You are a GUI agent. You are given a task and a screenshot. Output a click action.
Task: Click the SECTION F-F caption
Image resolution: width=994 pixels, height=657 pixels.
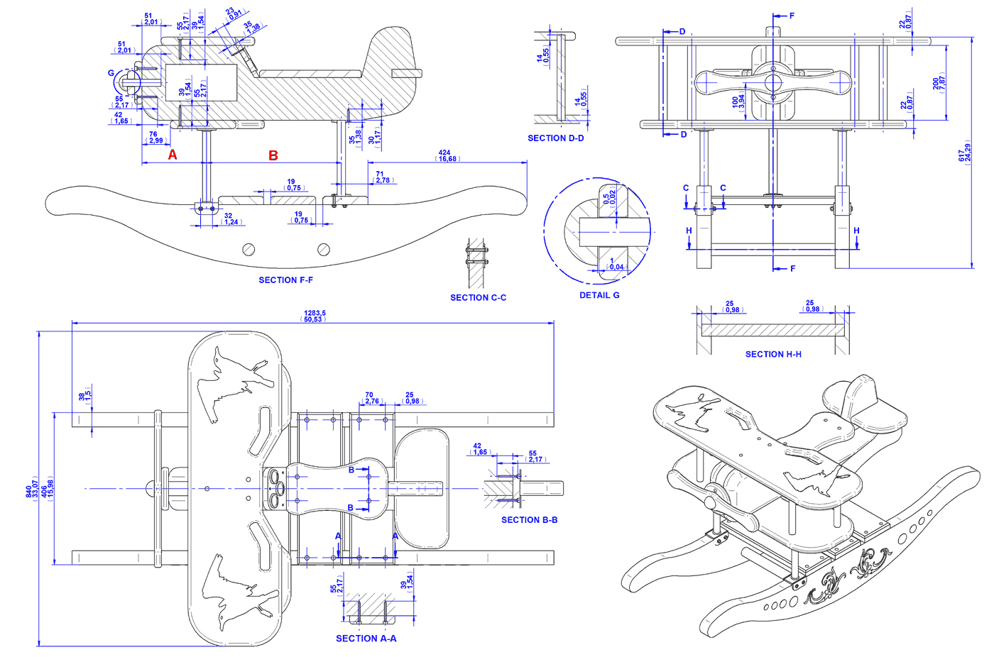(285, 280)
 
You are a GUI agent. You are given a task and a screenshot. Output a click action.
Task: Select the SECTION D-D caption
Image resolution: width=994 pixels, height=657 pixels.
(555, 138)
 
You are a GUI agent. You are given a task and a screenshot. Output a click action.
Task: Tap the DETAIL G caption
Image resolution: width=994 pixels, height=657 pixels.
(599, 295)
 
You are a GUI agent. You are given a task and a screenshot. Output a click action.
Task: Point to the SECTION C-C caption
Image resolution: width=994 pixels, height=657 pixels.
(478, 298)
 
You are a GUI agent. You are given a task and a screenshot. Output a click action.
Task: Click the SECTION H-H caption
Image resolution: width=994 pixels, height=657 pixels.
(773, 354)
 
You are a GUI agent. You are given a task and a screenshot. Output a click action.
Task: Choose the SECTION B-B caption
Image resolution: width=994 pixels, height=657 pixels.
(529, 520)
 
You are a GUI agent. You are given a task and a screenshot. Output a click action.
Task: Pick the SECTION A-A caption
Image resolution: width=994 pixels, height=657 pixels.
(366, 639)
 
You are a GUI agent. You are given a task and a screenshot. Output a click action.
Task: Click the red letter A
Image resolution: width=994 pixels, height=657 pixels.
(173, 155)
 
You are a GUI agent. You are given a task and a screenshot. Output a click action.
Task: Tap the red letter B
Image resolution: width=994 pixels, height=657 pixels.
(273, 155)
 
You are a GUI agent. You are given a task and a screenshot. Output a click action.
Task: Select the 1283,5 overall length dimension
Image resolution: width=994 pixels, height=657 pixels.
(315, 314)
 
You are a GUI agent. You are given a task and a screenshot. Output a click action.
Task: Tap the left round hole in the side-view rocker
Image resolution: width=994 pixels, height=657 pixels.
(248, 249)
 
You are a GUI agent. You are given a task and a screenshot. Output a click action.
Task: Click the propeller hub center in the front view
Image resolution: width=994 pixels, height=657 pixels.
(772, 84)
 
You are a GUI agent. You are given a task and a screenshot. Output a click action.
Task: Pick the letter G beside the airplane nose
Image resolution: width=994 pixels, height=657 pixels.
(111, 73)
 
